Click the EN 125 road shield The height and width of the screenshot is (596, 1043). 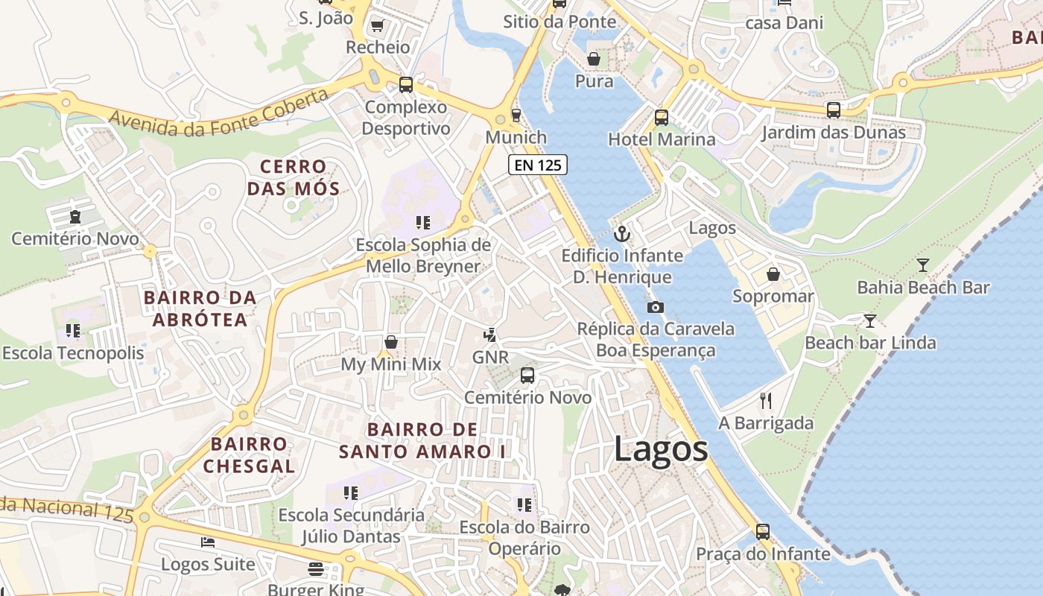(x=538, y=165)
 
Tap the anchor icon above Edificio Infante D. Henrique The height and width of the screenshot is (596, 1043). (x=621, y=234)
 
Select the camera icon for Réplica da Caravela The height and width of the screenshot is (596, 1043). (x=655, y=307)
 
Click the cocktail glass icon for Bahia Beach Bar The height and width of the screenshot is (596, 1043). (x=923, y=264)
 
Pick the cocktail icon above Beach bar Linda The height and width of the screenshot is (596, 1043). (x=869, y=321)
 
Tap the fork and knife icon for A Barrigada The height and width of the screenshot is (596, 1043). (x=765, y=401)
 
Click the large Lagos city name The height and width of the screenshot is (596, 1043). (x=661, y=449)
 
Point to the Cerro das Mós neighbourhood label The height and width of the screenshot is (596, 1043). (x=293, y=177)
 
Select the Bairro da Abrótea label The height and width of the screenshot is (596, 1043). (x=200, y=308)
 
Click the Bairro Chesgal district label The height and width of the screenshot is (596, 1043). (x=249, y=455)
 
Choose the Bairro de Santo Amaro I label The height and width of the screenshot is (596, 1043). (x=422, y=440)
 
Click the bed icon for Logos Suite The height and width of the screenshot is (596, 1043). (x=208, y=542)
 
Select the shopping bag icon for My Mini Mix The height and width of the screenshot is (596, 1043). (x=390, y=342)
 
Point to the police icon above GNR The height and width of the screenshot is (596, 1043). (x=490, y=335)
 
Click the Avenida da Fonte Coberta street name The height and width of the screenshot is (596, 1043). (x=218, y=114)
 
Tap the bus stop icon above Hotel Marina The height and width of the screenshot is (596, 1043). (x=661, y=117)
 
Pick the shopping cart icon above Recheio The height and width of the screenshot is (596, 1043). (x=377, y=25)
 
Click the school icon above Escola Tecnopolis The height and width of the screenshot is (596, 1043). (x=72, y=330)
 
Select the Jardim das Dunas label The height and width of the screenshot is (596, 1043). (x=833, y=133)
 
